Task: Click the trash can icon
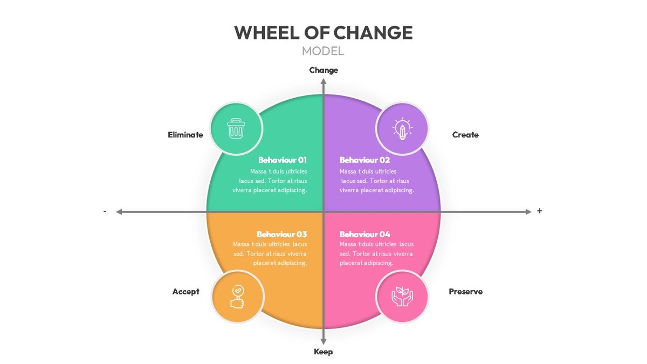(236, 129)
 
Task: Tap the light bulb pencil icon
(402, 129)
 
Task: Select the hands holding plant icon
(402, 297)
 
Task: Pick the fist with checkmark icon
(237, 297)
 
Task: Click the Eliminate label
(185, 135)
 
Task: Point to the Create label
(465, 135)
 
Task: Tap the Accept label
(186, 292)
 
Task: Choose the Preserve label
(466, 292)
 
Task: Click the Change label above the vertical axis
(323, 70)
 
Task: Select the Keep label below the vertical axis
(323, 352)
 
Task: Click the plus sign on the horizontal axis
(539, 211)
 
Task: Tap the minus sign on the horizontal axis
(105, 211)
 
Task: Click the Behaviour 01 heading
(283, 160)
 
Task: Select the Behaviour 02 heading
(364, 160)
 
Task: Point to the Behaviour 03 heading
(282, 235)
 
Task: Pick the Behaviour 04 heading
(365, 235)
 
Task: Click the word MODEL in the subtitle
(323, 51)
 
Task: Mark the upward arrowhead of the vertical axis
(323, 81)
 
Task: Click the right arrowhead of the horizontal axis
(528, 212)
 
